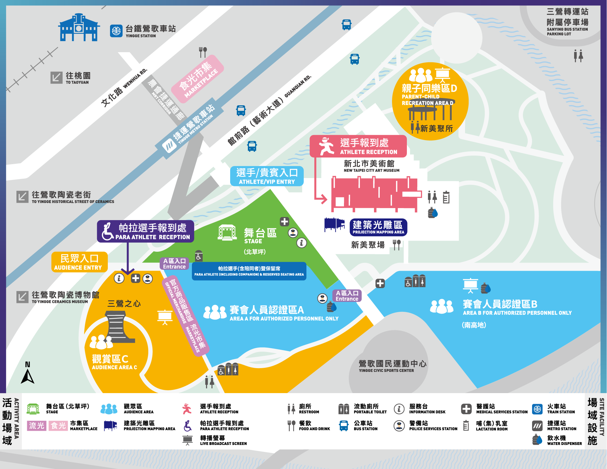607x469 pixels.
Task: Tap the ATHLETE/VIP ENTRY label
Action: pos(267,176)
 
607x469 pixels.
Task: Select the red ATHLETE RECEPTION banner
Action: pos(358,146)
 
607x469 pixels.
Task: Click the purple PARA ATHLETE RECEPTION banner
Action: pos(145,231)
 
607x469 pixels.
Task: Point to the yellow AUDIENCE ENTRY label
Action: pos(79,262)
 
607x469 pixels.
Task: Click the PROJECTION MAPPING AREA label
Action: pos(378,227)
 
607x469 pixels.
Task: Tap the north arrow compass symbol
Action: pos(28,374)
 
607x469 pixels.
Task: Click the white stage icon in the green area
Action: pos(227,233)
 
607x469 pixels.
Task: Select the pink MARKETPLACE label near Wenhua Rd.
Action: pos(198,79)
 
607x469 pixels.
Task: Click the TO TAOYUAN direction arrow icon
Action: pos(56,77)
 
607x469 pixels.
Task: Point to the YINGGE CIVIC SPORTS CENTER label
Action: pos(392,366)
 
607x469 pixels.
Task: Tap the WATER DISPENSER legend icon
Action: pos(537,440)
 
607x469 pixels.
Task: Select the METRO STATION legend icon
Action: pos(537,426)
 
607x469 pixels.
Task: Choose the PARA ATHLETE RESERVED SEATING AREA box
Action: pos(249,271)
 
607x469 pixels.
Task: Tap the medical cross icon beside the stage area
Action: pos(284,222)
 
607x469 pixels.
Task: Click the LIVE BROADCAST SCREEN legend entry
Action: pos(215,440)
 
